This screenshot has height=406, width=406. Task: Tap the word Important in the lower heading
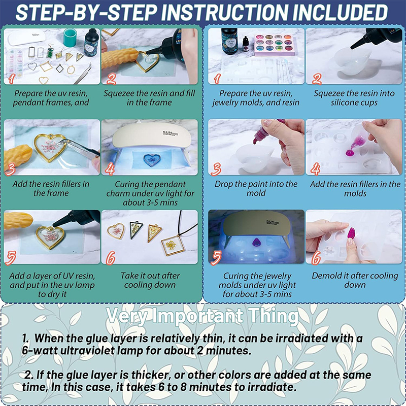[197, 316]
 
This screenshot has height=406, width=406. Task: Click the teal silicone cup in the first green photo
[70, 37]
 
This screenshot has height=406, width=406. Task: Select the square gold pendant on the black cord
[173, 245]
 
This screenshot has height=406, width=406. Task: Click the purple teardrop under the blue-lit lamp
[256, 243]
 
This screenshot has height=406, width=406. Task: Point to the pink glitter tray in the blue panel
[275, 44]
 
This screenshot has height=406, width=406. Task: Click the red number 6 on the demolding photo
[316, 258]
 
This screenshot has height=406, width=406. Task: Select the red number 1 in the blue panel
[218, 78]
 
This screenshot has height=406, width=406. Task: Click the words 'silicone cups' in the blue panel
[354, 103]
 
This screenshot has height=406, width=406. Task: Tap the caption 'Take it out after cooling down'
[150, 280]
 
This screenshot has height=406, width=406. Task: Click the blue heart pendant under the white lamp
[151, 160]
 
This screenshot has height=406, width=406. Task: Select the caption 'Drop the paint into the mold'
[256, 188]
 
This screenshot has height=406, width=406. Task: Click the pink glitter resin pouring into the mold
[354, 147]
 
